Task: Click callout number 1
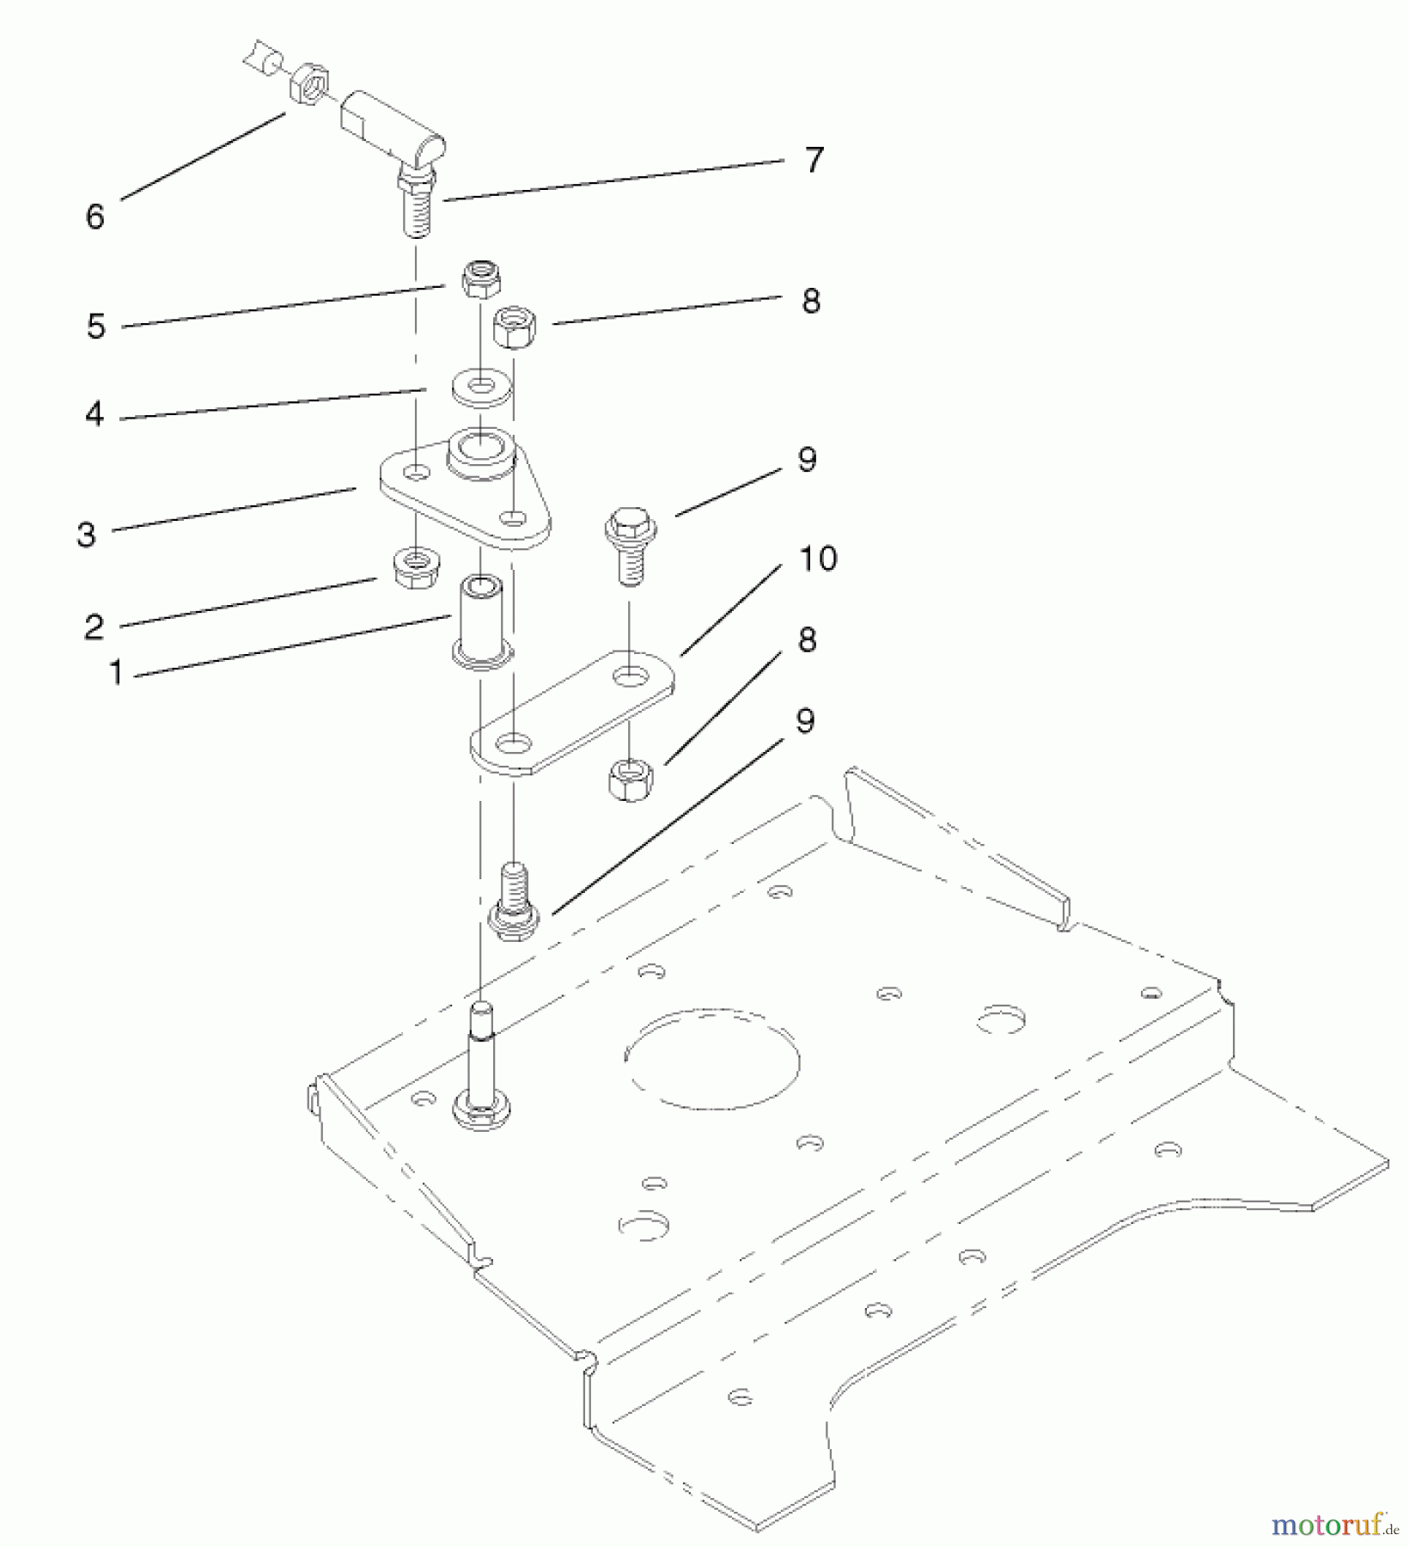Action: point(116,671)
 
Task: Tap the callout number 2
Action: point(95,627)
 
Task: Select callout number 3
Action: point(87,534)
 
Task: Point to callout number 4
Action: point(95,414)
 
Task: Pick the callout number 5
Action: point(96,326)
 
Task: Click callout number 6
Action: point(95,216)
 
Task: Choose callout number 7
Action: point(814,160)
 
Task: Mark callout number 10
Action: point(818,559)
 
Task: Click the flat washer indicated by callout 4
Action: point(481,388)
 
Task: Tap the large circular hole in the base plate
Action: point(712,1052)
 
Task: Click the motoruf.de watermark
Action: point(1335,1526)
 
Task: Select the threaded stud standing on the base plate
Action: point(483,1066)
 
